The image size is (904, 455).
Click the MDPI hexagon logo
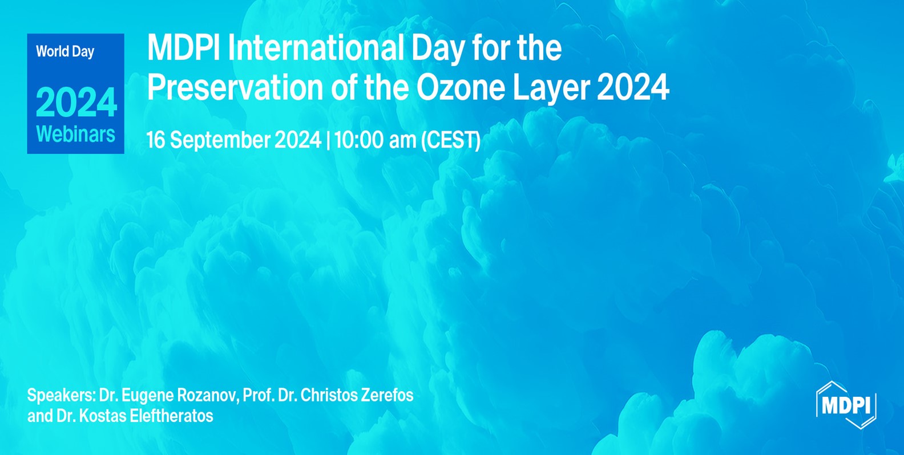(x=846, y=405)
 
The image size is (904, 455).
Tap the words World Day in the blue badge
(x=65, y=51)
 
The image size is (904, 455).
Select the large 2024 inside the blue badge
(x=76, y=103)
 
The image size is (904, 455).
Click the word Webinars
(x=75, y=134)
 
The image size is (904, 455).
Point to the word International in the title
(x=316, y=47)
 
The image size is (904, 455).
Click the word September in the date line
(x=220, y=140)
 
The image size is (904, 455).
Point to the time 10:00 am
(x=375, y=140)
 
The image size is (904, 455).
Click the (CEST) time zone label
(x=450, y=140)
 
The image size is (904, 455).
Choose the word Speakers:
(x=61, y=395)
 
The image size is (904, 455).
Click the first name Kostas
(x=103, y=416)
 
